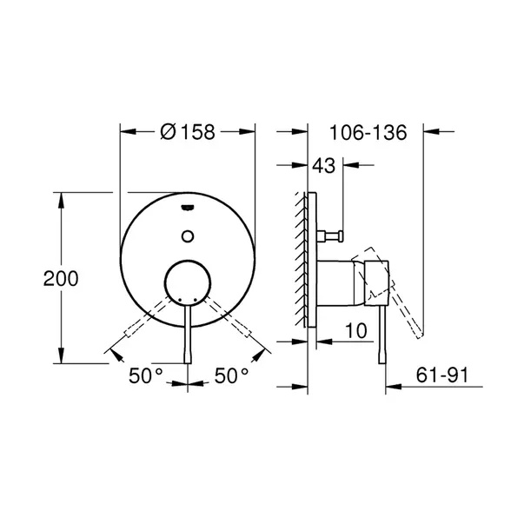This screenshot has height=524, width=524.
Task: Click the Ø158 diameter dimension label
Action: (188, 132)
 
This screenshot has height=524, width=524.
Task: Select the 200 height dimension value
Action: (61, 278)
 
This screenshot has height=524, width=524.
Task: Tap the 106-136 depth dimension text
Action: (368, 132)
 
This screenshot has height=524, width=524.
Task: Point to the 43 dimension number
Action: (324, 165)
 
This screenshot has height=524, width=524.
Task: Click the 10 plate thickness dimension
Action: (356, 330)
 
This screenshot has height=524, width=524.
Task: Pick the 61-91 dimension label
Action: (442, 375)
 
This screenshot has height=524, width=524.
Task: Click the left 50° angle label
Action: (146, 375)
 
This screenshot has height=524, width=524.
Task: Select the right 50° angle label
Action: (232, 375)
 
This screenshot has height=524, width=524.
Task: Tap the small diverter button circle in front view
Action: (188, 236)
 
